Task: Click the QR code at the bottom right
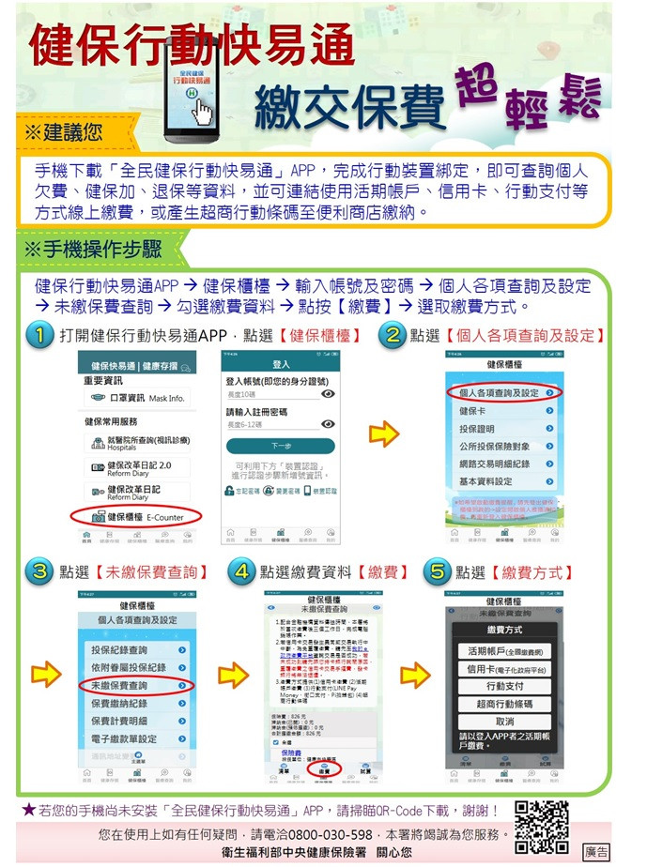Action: click(x=542, y=827)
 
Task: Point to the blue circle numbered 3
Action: click(x=39, y=571)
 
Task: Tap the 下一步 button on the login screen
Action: click(x=280, y=447)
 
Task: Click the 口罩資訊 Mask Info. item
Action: click(x=138, y=398)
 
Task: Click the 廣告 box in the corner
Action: click(x=595, y=851)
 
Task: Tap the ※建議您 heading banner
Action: click(x=66, y=134)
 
